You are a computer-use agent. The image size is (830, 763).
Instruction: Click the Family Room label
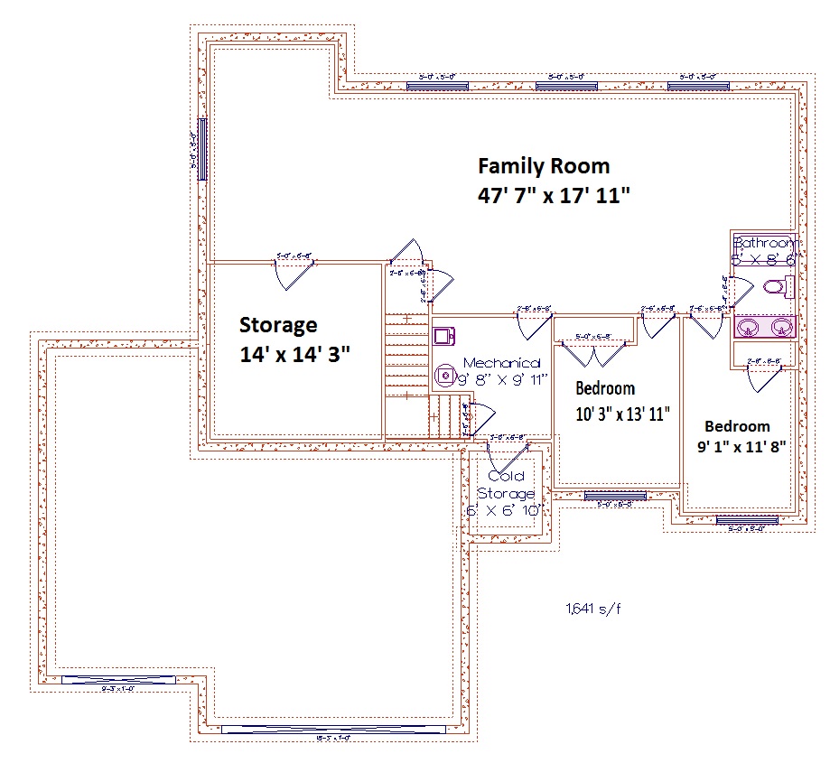[x=543, y=166]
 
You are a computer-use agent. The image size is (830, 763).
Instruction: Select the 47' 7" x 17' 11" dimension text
[x=553, y=195]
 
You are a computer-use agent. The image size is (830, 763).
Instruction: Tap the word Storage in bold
[x=277, y=324]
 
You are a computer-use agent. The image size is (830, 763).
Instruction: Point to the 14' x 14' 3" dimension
[x=294, y=354]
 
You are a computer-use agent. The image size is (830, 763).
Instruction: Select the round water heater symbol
[x=443, y=374]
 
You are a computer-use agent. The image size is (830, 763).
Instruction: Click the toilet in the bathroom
[x=777, y=288]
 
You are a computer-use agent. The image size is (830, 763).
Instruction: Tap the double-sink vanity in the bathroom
[x=763, y=325]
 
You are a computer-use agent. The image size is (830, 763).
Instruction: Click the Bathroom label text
[x=766, y=243]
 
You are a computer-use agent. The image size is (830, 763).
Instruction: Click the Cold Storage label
[x=506, y=485]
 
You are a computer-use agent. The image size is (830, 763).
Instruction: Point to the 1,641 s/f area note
[x=592, y=609]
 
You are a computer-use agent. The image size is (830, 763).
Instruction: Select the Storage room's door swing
[x=294, y=274]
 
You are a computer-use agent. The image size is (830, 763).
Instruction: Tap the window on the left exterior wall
[x=202, y=149]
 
